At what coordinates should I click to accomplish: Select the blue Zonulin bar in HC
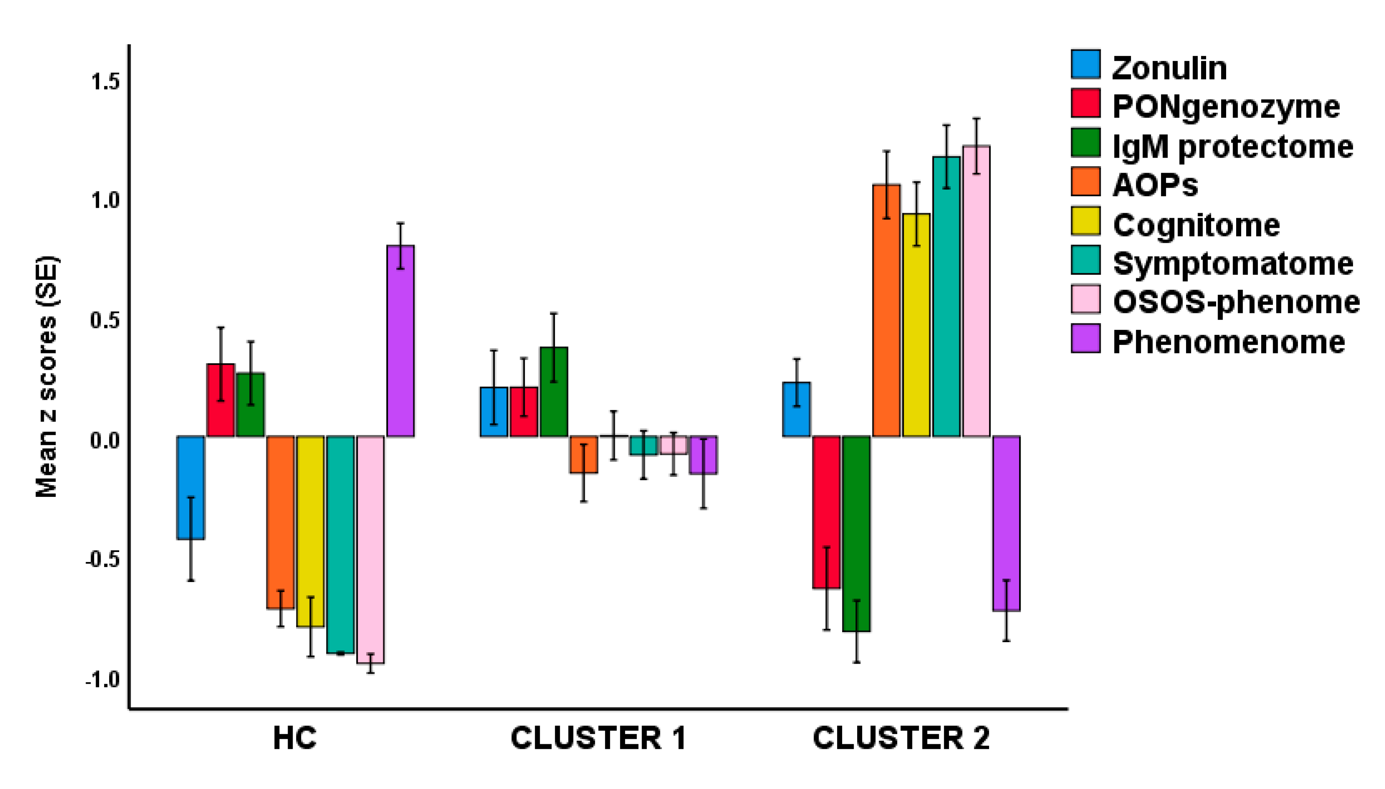tap(191, 487)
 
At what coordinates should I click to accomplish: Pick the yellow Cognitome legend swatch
tap(1085, 222)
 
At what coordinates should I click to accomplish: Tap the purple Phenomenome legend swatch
tap(1085, 339)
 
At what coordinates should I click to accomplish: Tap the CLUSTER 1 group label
tap(598, 738)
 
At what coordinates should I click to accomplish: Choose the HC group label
tap(294, 738)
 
